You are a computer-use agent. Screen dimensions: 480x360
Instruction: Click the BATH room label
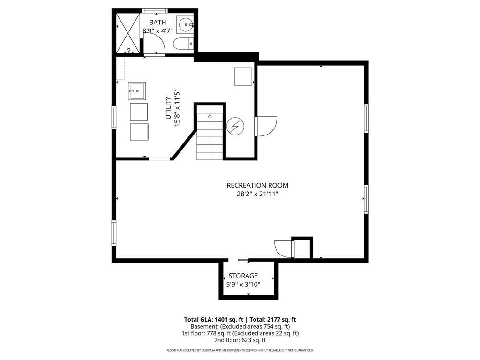pyautogui.click(x=157, y=22)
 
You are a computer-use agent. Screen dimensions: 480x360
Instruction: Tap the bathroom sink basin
pyautogui.click(x=185, y=24)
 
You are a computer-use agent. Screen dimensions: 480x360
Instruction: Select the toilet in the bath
pyautogui.click(x=183, y=44)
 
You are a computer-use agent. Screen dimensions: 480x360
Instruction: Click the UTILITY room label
pyautogui.click(x=168, y=108)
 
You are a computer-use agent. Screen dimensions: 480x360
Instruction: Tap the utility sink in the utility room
pyautogui.click(x=137, y=91)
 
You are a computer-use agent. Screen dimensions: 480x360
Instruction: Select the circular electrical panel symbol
pyautogui.click(x=235, y=126)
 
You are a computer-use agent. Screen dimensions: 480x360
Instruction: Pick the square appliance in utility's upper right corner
pyautogui.click(x=243, y=77)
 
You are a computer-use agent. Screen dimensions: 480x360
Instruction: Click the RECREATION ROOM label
pyautogui.click(x=257, y=185)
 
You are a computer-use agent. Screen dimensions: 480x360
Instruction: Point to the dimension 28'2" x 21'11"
pyautogui.click(x=257, y=194)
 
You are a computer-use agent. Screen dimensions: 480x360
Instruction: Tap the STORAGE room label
pyautogui.click(x=243, y=276)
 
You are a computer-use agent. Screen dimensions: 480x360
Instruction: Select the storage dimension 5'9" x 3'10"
pyautogui.click(x=243, y=285)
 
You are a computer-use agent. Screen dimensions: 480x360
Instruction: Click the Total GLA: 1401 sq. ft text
pyautogui.click(x=214, y=320)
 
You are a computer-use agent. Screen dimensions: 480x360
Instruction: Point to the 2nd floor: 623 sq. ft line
pyautogui.click(x=240, y=340)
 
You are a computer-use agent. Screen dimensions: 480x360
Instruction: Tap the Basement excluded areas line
pyautogui.click(x=240, y=326)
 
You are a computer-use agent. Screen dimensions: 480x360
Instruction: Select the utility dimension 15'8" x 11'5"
pyautogui.click(x=177, y=108)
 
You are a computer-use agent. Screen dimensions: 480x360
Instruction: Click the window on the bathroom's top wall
pyautogui.click(x=155, y=11)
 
